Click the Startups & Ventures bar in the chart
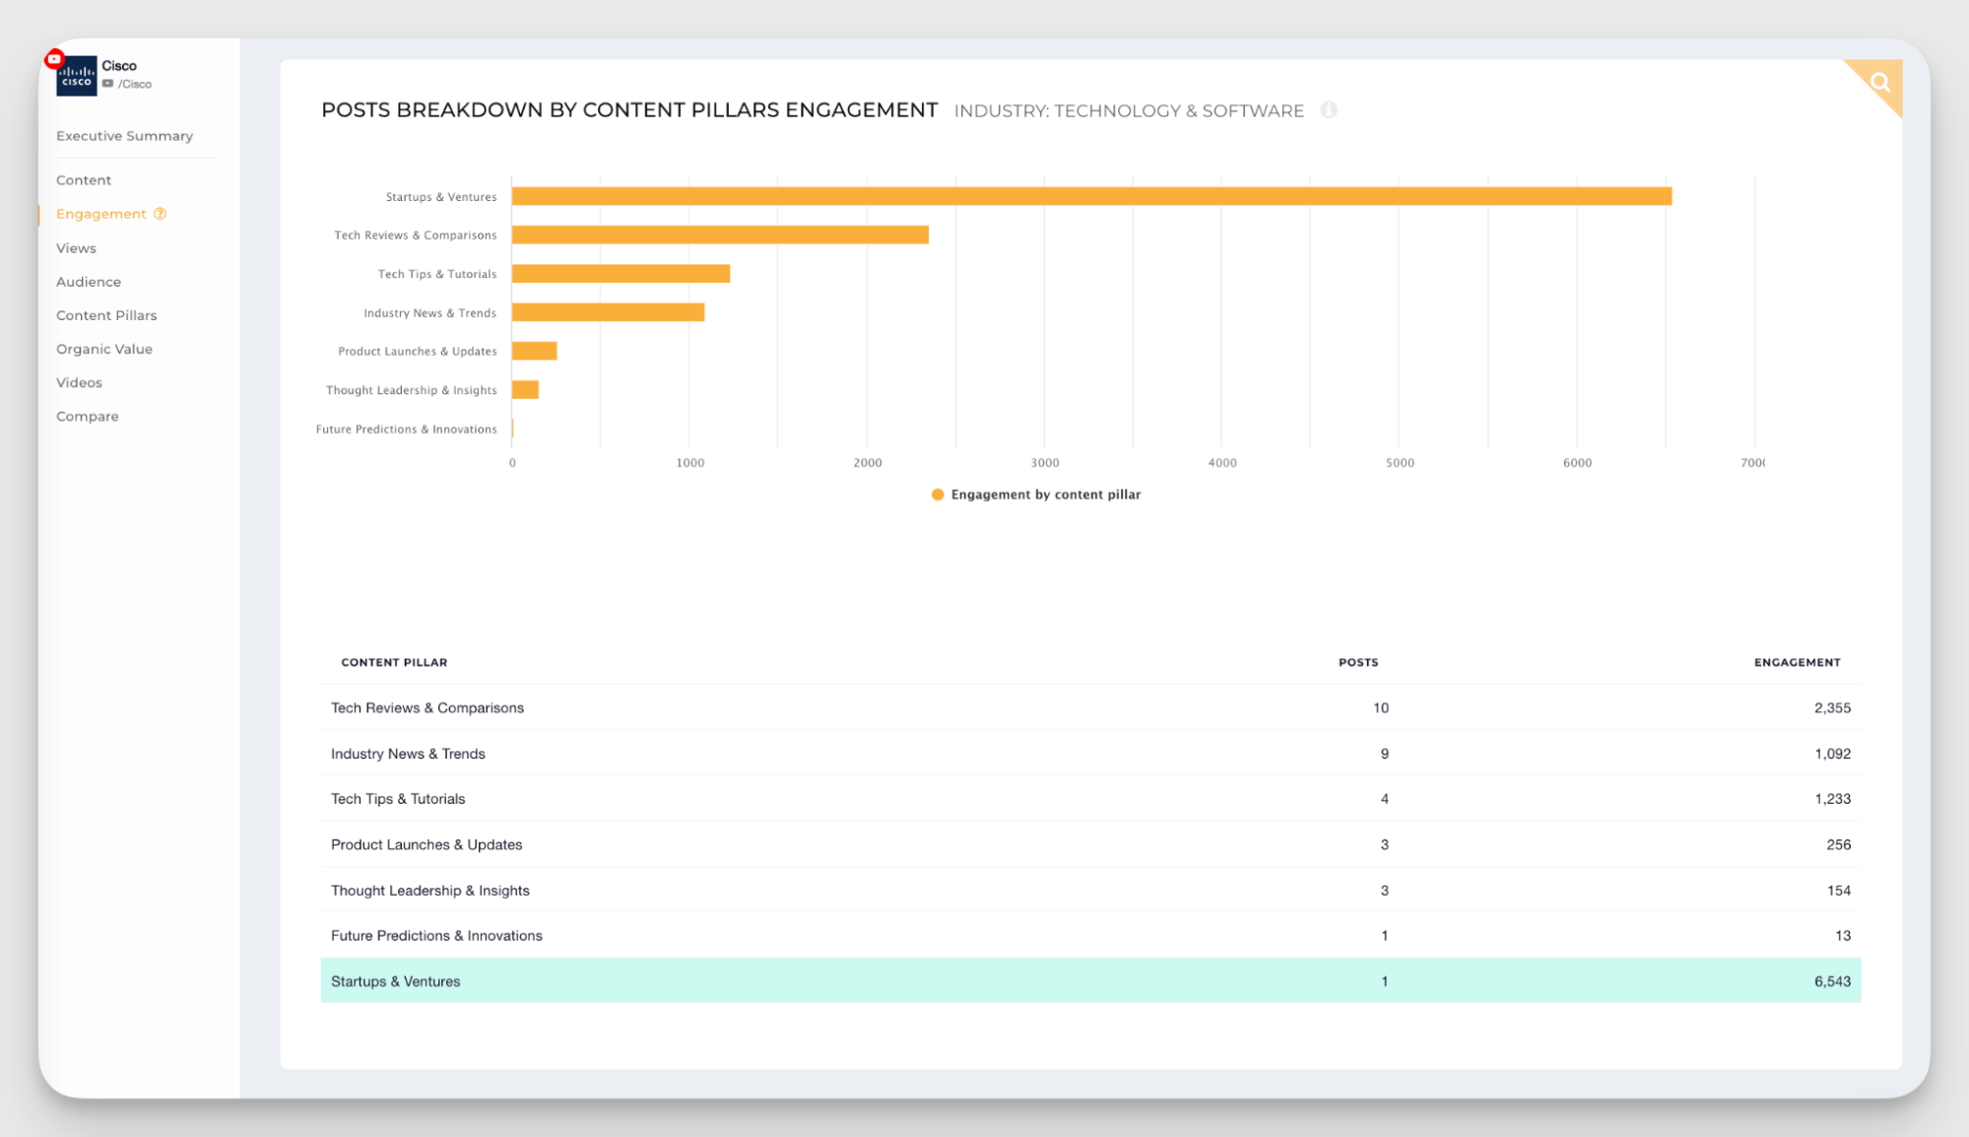tap(1091, 196)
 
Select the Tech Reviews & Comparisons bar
tap(720, 234)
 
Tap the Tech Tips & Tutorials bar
tap(621, 274)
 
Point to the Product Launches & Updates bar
tap(535, 351)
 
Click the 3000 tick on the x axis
tap(1045, 463)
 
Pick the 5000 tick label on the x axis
tap(1400, 463)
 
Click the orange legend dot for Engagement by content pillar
tap(938, 495)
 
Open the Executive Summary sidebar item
tap(124, 136)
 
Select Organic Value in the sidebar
tap(104, 349)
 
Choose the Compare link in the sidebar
tap(88, 416)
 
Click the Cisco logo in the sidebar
tap(76, 76)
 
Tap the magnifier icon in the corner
tap(1880, 83)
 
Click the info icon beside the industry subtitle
tap(1329, 110)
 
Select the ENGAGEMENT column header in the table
tap(1797, 662)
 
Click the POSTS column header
tap(1358, 662)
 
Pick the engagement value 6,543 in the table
tap(1832, 981)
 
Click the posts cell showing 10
tap(1381, 707)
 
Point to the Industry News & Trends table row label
tap(408, 754)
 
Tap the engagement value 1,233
tap(1832, 799)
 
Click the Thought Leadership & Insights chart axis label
tap(411, 390)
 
